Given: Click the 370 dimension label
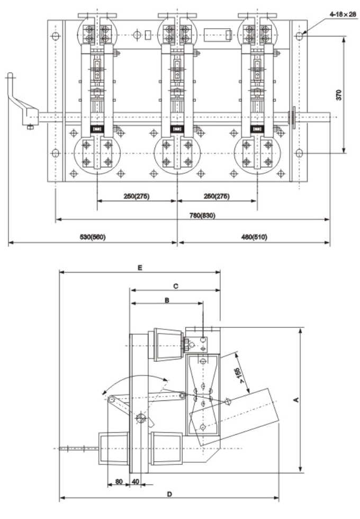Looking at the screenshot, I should tap(339, 95).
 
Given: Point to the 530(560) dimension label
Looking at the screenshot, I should tap(93, 237).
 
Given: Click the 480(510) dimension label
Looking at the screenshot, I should tap(254, 237).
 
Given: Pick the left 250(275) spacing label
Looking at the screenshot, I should tap(137, 196).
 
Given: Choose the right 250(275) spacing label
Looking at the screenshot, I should tap(217, 196).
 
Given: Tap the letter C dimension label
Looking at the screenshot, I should tap(175, 285).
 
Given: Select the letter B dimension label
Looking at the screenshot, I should tap(166, 299).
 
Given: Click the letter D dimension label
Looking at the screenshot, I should tap(169, 494).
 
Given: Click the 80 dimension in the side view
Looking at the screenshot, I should tap(119, 481).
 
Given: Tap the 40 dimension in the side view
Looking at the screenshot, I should tap(136, 481).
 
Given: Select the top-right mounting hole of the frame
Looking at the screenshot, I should tap(300, 37).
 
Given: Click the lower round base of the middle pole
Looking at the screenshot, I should tap(177, 155).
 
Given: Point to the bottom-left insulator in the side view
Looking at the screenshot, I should tap(113, 449).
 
